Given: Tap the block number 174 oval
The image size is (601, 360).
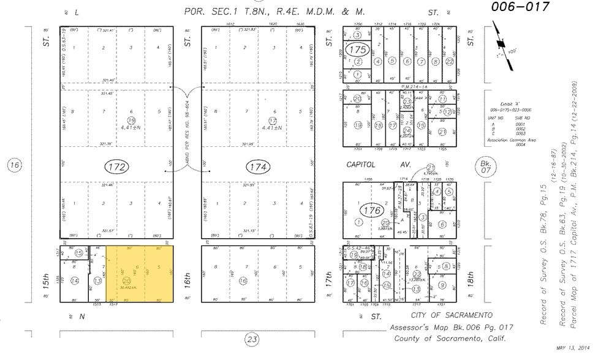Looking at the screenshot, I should (258, 167).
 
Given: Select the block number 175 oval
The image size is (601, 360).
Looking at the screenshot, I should (357, 50).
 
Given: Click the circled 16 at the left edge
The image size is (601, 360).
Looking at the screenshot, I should (15, 165).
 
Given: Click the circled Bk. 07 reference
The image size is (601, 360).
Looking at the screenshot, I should (485, 165).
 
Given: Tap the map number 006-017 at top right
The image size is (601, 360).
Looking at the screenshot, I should (520, 7).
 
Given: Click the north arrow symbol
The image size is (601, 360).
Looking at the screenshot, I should (501, 44).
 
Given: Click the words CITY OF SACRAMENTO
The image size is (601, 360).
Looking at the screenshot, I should (452, 314).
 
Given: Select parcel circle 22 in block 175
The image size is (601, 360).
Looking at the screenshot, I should (450, 61).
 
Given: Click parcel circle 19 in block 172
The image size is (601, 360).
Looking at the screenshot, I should (130, 120).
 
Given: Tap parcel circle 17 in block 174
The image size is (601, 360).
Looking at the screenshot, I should (272, 120).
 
